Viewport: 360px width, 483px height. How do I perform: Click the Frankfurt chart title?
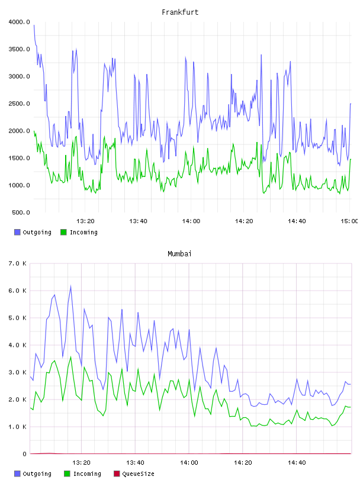tap(180, 12)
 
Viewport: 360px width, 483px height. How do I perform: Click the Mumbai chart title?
tap(179, 254)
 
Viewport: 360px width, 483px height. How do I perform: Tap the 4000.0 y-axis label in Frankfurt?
tap(19, 22)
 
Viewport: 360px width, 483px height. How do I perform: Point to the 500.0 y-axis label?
tap(21, 212)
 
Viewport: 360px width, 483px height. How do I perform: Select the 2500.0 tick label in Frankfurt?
tap(19, 104)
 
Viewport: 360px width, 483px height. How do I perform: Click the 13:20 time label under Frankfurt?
tap(85, 221)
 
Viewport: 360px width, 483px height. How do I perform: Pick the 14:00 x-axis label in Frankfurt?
tap(191, 221)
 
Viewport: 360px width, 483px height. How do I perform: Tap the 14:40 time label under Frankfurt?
tap(297, 221)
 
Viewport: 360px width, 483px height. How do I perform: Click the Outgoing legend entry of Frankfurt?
tap(33, 232)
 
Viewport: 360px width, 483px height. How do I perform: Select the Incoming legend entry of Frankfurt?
tap(79, 232)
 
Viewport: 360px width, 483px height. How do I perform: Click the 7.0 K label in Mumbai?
tap(18, 263)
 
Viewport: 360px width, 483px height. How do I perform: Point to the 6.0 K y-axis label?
tap(18, 291)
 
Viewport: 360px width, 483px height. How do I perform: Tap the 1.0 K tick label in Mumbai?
tap(18, 427)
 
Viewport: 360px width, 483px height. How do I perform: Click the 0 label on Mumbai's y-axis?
tap(24, 454)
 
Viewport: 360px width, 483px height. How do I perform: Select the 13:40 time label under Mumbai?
tap(135, 463)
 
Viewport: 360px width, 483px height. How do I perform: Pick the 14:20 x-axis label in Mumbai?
tap(243, 463)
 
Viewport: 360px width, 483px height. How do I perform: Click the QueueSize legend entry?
tap(134, 474)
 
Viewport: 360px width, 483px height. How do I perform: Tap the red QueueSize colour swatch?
tap(117, 474)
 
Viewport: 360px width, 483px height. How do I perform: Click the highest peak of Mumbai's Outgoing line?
tap(70, 286)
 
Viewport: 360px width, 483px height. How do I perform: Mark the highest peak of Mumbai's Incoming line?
tap(71, 357)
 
